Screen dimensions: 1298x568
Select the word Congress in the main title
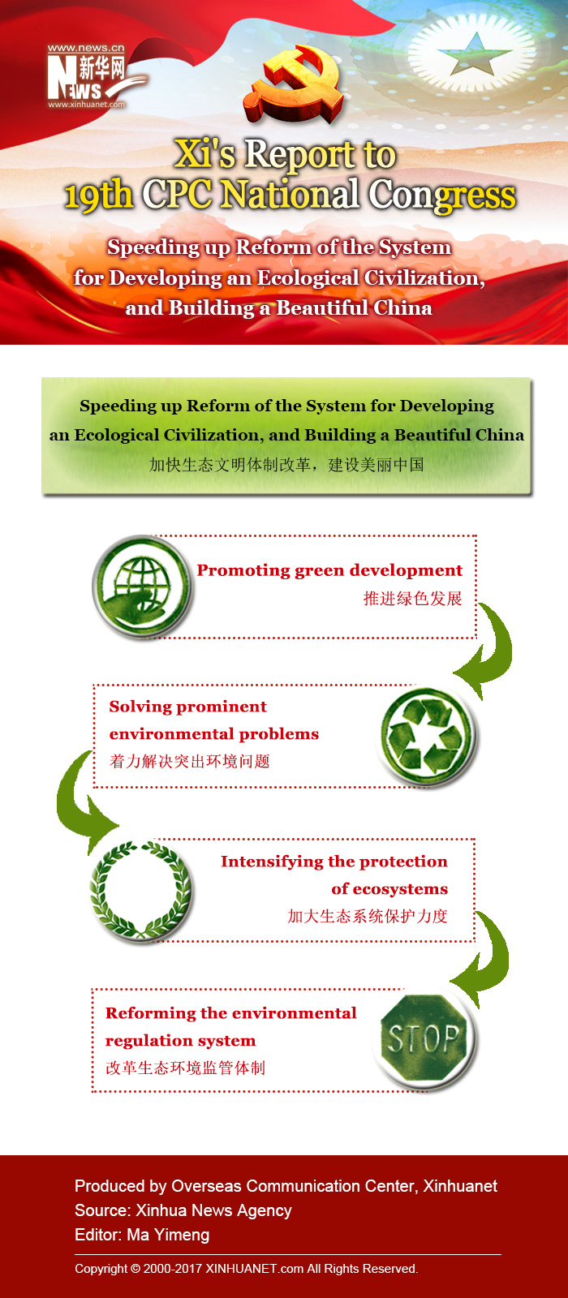[442, 196]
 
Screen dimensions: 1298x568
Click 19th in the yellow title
[98, 196]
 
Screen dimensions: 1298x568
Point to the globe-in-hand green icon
[142, 587]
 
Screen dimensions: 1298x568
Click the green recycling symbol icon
[427, 736]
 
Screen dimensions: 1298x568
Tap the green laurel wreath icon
[141, 891]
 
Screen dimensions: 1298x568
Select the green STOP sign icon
[424, 1040]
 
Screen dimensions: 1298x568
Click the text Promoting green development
[329, 570]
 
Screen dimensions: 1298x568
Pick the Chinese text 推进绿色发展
[412, 599]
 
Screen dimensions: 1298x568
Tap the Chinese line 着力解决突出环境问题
[189, 761]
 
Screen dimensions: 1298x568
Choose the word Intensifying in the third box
[267, 862]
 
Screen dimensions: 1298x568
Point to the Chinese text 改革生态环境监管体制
[185, 1068]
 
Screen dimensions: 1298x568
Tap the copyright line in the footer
[246, 1269]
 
